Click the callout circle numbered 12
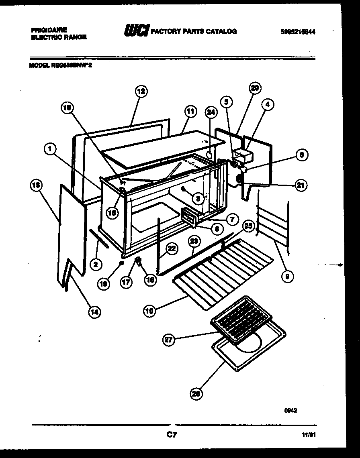tap(140, 91)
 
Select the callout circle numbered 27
tap(168, 340)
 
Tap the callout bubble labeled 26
tap(196, 394)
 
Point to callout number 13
tap(36, 185)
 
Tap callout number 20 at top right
tap(255, 88)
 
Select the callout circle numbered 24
tap(211, 113)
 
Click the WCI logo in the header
tap(137, 31)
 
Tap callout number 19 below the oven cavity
tap(103, 284)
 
